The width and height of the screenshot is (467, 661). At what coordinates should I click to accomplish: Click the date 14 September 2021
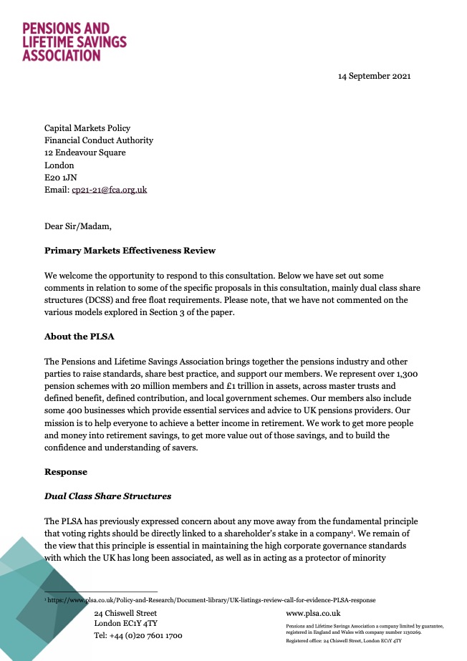pos(375,76)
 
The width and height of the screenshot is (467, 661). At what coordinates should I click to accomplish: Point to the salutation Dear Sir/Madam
pos(78,227)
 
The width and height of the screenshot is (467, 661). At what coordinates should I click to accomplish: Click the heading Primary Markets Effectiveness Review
pos(130,251)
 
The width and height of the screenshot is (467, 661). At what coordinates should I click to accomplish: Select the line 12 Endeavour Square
pos(85,153)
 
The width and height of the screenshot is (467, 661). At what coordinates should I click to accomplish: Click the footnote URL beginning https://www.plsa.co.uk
pos(211,599)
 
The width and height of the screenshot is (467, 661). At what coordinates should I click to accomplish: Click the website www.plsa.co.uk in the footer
pos(312,614)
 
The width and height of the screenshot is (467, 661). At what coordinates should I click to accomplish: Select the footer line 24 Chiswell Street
pos(125,613)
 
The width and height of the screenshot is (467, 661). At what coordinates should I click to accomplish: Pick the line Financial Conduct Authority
pos(99,140)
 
